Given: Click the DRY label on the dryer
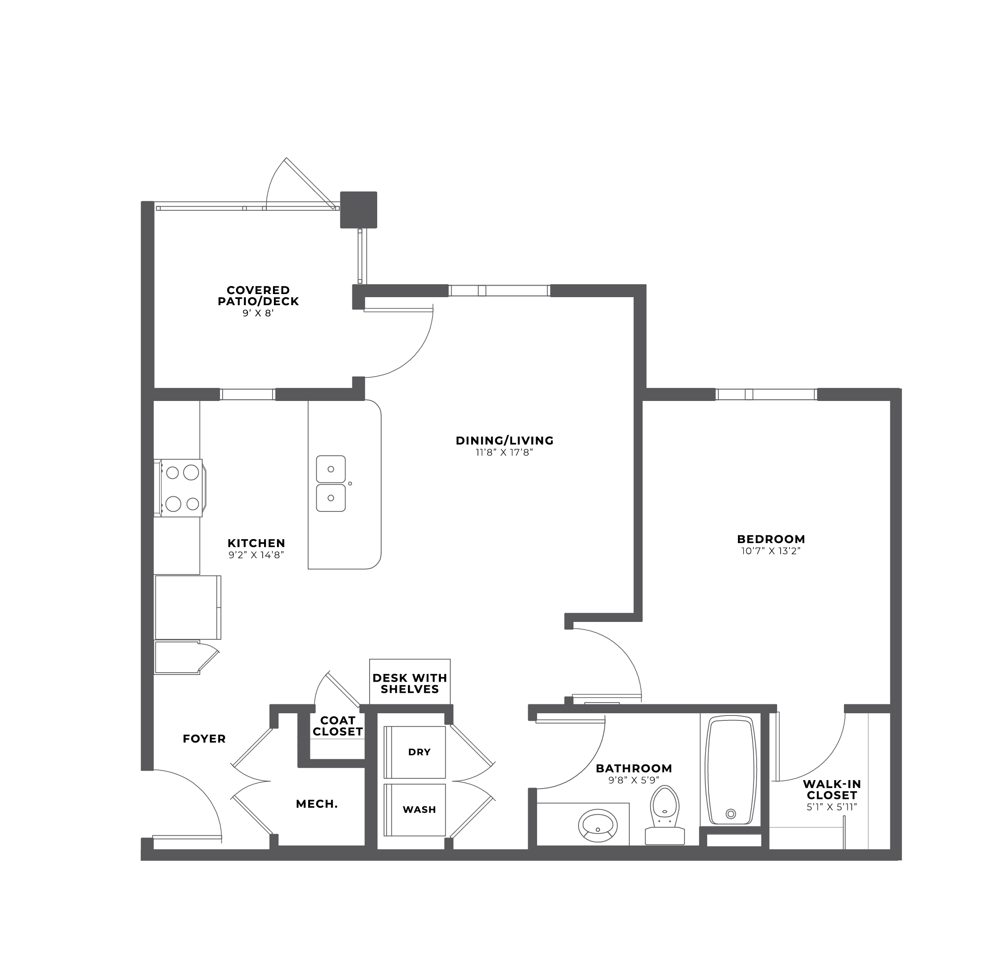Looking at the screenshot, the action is click(419, 752).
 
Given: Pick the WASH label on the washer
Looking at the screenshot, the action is click(419, 810).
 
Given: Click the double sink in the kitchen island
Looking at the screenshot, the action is click(331, 484).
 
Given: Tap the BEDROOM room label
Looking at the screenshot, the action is click(771, 539).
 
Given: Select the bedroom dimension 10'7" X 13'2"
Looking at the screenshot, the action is click(771, 551).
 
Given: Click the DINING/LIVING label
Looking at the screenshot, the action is click(505, 440).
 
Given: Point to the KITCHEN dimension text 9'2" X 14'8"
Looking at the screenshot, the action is click(256, 555).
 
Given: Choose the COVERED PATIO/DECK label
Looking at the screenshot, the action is click(258, 295).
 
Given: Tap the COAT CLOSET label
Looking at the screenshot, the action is click(338, 726).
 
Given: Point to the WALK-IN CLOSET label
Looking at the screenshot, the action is click(831, 789).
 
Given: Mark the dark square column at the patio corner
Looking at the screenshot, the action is click(358, 210).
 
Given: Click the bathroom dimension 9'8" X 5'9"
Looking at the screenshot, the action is click(634, 780).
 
